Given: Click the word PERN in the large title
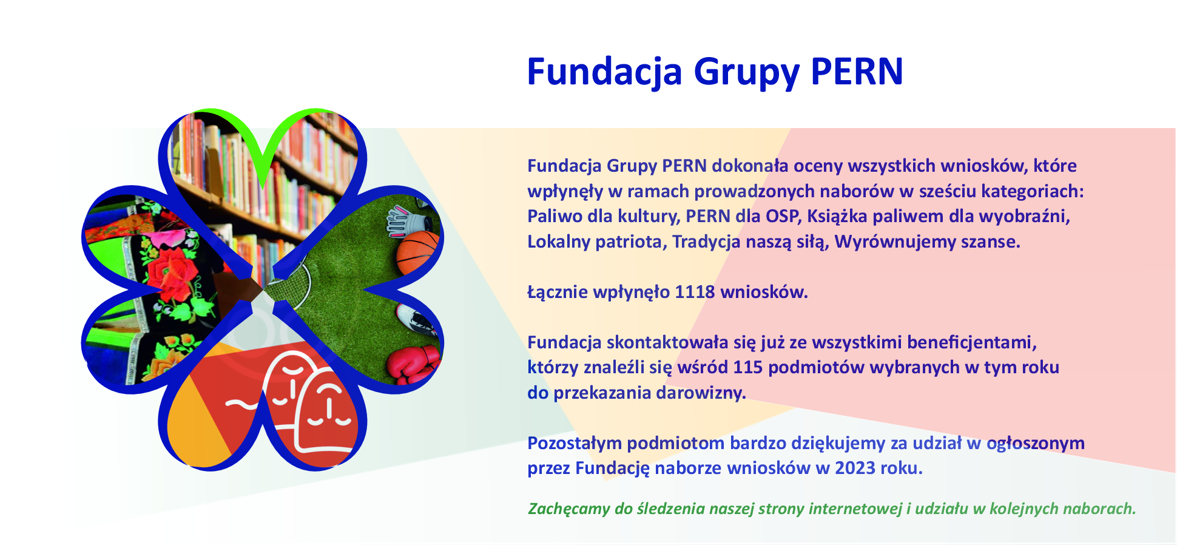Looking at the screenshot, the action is [x=857, y=72].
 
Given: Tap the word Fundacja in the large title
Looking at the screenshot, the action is [x=605, y=72].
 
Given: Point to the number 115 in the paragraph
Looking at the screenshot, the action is [x=747, y=367].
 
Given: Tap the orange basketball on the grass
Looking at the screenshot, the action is [x=417, y=252].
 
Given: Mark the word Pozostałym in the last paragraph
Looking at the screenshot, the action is [x=574, y=444].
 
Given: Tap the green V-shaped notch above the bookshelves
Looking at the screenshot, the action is [x=262, y=143].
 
